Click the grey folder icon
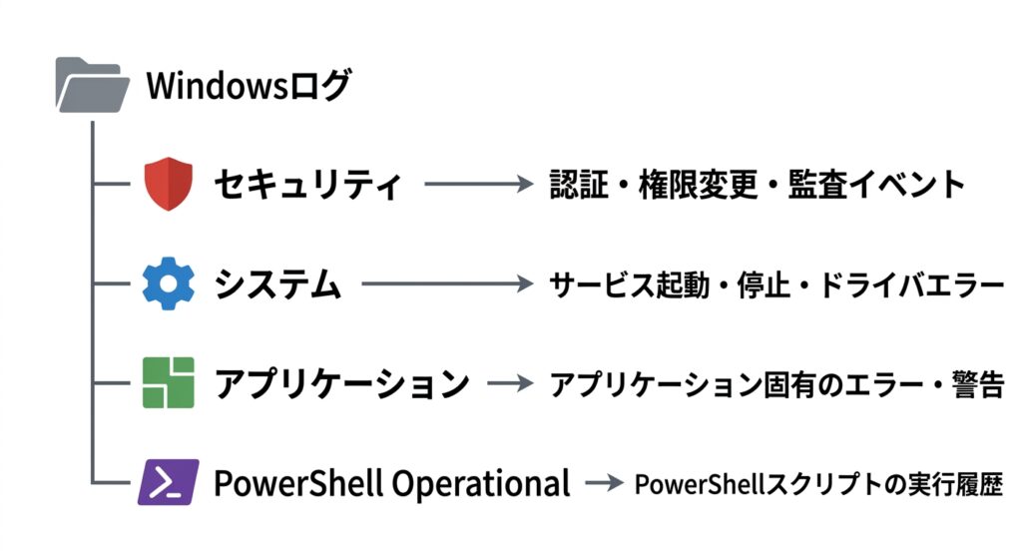[x=92, y=85]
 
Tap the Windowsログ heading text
[x=249, y=86]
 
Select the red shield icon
[x=168, y=184]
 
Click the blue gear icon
[x=168, y=283]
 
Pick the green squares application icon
[x=168, y=382]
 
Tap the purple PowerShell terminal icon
[x=168, y=482]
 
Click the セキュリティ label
[x=307, y=185]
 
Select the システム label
[x=277, y=284]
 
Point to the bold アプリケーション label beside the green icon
[x=342, y=383]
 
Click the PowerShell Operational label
[x=391, y=483]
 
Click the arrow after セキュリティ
[x=479, y=184]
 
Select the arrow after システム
[x=448, y=283]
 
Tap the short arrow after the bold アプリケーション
[x=510, y=383]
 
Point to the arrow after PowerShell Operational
[x=604, y=483]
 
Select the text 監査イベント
[x=876, y=185]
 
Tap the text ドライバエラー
[x=911, y=284]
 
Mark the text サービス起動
[x=630, y=284]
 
